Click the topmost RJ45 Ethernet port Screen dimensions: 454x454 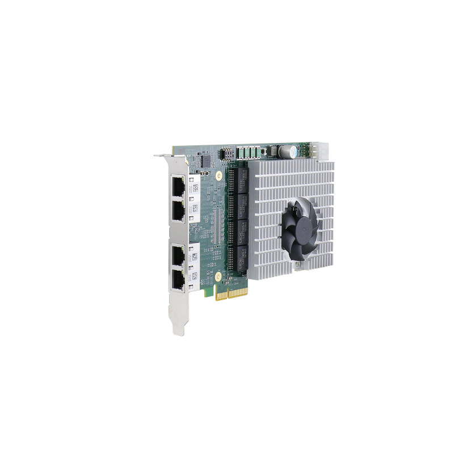178,185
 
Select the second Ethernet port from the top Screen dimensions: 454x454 178,211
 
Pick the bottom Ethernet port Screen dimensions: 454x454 178,280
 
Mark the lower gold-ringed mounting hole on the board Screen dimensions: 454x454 217,276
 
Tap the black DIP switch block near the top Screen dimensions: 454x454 226,153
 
